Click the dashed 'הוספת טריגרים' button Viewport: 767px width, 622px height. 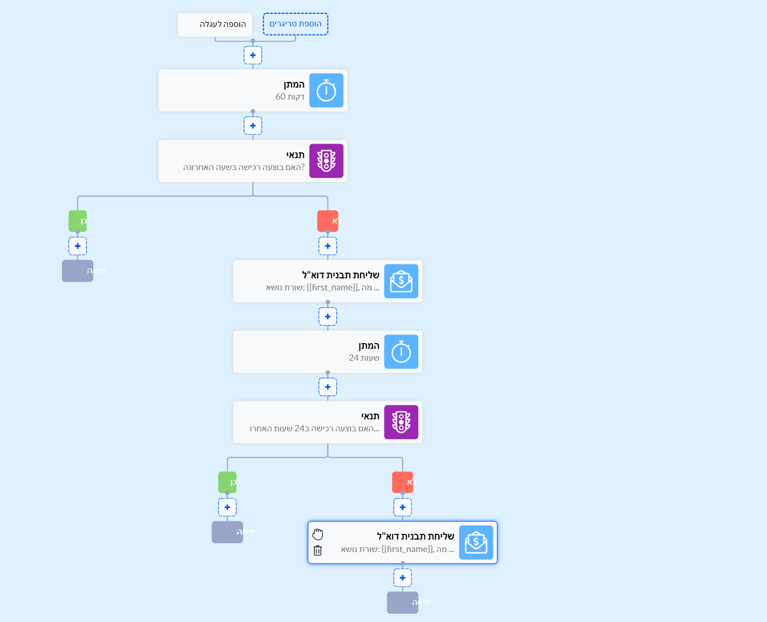coord(295,24)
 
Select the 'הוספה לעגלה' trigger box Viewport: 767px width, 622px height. coord(215,24)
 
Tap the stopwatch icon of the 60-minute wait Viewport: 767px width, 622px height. coord(326,91)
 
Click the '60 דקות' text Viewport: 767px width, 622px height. coord(290,97)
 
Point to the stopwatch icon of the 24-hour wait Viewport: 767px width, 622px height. coord(401,352)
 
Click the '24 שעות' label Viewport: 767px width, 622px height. coord(364,358)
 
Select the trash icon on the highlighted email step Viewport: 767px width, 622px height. coord(318,550)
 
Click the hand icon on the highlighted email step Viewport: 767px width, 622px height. coord(318,534)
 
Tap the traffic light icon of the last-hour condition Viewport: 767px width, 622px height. coord(326,161)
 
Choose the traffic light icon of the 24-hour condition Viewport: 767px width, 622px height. coord(401,422)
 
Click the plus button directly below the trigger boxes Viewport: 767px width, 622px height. coord(253,55)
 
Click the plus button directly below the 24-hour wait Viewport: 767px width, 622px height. coord(328,387)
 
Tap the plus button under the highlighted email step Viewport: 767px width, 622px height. coord(403,578)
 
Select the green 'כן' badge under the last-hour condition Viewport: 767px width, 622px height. coord(78,221)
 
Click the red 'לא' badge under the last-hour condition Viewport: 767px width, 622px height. coord(328,221)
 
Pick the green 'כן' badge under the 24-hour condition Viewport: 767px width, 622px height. coord(228,483)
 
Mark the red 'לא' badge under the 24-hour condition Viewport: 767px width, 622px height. coord(403,483)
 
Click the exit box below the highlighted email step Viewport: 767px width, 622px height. coord(403,603)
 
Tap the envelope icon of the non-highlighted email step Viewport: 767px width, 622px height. coord(401,281)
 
